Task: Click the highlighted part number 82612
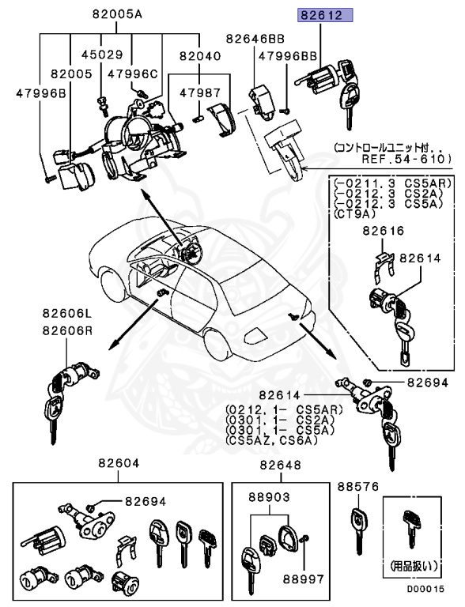(324, 14)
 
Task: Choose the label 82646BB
(254, 37)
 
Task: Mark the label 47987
(199, 92)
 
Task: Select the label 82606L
(67, 314)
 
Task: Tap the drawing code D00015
(426, 589)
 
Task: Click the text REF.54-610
(404, 158)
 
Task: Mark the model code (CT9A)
(355, 213)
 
